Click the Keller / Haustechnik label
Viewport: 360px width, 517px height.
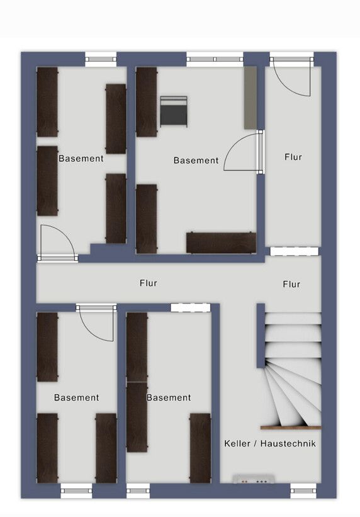(270, 443)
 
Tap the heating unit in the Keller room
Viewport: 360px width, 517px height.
(254, 479)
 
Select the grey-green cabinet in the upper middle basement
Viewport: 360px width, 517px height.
(250, 98)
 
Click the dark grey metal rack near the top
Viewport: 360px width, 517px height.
(174, 111)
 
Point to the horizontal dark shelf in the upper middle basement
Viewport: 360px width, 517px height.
(221, 243)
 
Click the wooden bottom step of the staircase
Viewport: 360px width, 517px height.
(291, 428)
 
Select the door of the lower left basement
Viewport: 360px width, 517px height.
(96, 323)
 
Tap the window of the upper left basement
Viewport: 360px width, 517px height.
(101, 59)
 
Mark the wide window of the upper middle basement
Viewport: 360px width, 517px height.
(215, 59)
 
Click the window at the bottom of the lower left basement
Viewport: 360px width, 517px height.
(77, 491)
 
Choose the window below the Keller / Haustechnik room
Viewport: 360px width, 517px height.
(303, 491)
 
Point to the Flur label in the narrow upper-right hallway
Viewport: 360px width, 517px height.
(293, 157)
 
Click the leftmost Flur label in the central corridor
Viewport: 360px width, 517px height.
(149, 283)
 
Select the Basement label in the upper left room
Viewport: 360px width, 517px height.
(81, 159)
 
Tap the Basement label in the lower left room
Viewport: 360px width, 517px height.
(77, 397)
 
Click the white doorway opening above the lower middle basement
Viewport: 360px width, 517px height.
(191, 308)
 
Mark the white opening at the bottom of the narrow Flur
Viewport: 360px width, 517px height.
(295, 252)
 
